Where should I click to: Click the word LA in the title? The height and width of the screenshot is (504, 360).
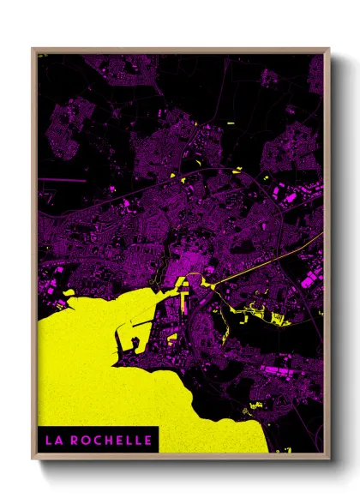point(53,440)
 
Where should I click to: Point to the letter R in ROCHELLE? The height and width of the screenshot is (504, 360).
point(75,440)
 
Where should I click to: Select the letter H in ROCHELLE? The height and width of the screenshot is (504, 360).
point(106,440)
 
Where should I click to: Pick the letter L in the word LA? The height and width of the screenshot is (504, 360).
point(49,440)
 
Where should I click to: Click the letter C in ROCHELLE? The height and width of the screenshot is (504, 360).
point(96,440)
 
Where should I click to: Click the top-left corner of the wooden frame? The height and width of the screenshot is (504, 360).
point(33,49)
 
